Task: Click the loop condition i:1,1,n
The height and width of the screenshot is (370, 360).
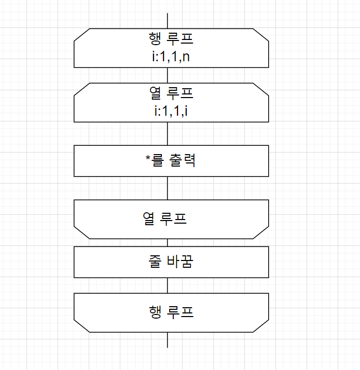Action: click(x=168, y=56)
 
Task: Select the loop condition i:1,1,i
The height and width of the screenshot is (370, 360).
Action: click(x=167, y=110)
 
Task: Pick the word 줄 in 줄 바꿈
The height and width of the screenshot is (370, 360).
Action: click(x=154, y=262)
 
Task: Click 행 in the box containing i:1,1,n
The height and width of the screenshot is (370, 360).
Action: click(x=154, y=38)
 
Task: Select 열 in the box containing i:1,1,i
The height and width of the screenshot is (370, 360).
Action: click(x=154, y=93)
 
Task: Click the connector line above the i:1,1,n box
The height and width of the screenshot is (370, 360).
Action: click(x=168, y=21)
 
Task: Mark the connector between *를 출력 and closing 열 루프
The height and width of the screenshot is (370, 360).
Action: click(x=168, y=188)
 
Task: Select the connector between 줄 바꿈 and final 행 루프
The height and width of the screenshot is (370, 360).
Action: click(x=168, y=285)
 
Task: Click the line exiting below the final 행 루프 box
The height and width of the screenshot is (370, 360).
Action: click(x=168, y=339)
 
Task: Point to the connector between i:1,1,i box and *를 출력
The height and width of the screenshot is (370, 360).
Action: click(x=168, y=133)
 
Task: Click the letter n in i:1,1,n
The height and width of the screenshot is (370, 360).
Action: click(x=186, y=56)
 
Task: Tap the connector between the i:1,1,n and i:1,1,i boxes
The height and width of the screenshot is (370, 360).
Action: click(x=168, y=75)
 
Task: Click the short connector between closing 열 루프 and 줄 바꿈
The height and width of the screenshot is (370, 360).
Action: click(x=168, y=242)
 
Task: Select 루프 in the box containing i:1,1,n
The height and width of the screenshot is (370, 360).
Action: click(x=177, y=38)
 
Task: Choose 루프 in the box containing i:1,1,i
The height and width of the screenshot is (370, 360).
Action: click(x=177, y=93)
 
